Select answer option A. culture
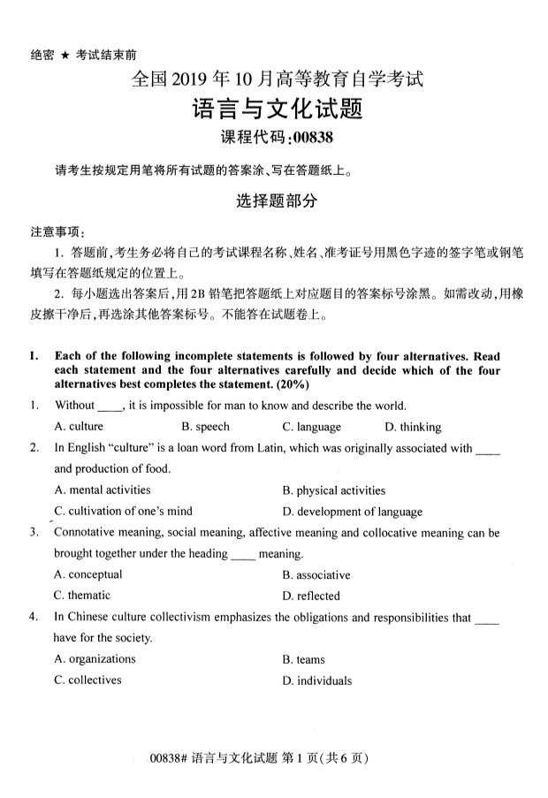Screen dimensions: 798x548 [x=79, y=427]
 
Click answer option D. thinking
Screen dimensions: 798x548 [x=414, y=427]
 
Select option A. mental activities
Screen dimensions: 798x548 [x=103, y=490]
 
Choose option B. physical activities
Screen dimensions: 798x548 [x=334, y=490]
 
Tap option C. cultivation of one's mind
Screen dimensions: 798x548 [x=123, y=511]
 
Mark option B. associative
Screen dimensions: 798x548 [x=316, y=574]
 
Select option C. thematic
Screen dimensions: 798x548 [x=82, y=596]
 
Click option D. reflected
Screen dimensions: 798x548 [x=311, y=597]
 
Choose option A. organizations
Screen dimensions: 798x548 [x=95, y=658]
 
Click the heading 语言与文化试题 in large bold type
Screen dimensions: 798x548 [x=278, y=110]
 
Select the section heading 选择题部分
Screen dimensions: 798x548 [x=276, y=201]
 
